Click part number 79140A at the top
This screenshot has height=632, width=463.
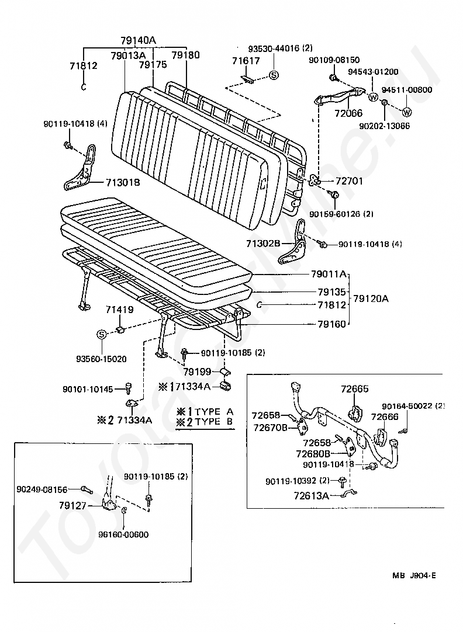pos(138,40)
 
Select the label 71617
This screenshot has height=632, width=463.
pos(246,61)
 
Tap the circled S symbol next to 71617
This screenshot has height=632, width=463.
pos(274,75)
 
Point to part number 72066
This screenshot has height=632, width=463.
pos(348,113)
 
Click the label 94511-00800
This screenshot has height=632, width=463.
pos(407,89)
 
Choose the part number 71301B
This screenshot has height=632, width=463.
pos(123,183)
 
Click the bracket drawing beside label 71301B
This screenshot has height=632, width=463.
pos(81,168)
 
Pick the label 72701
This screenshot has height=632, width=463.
pos(349,181)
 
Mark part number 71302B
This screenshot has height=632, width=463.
pos(264,244)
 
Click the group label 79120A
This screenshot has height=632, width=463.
pos(371,298)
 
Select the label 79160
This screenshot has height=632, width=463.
pos(332,324)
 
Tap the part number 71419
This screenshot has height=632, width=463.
pos(120,310)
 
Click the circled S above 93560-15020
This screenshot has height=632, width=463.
pos(102,335)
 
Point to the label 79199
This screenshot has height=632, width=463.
pos(197,371)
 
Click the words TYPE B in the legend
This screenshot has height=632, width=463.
pos(214,422)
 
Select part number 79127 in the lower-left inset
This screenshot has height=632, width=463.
pos(72,505)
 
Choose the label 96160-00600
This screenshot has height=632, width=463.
pos(123,534)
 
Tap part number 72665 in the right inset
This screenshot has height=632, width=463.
pos(354,389)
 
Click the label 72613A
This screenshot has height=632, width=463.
pos(312,495)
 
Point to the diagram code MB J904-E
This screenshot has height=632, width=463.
pos(414,575)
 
